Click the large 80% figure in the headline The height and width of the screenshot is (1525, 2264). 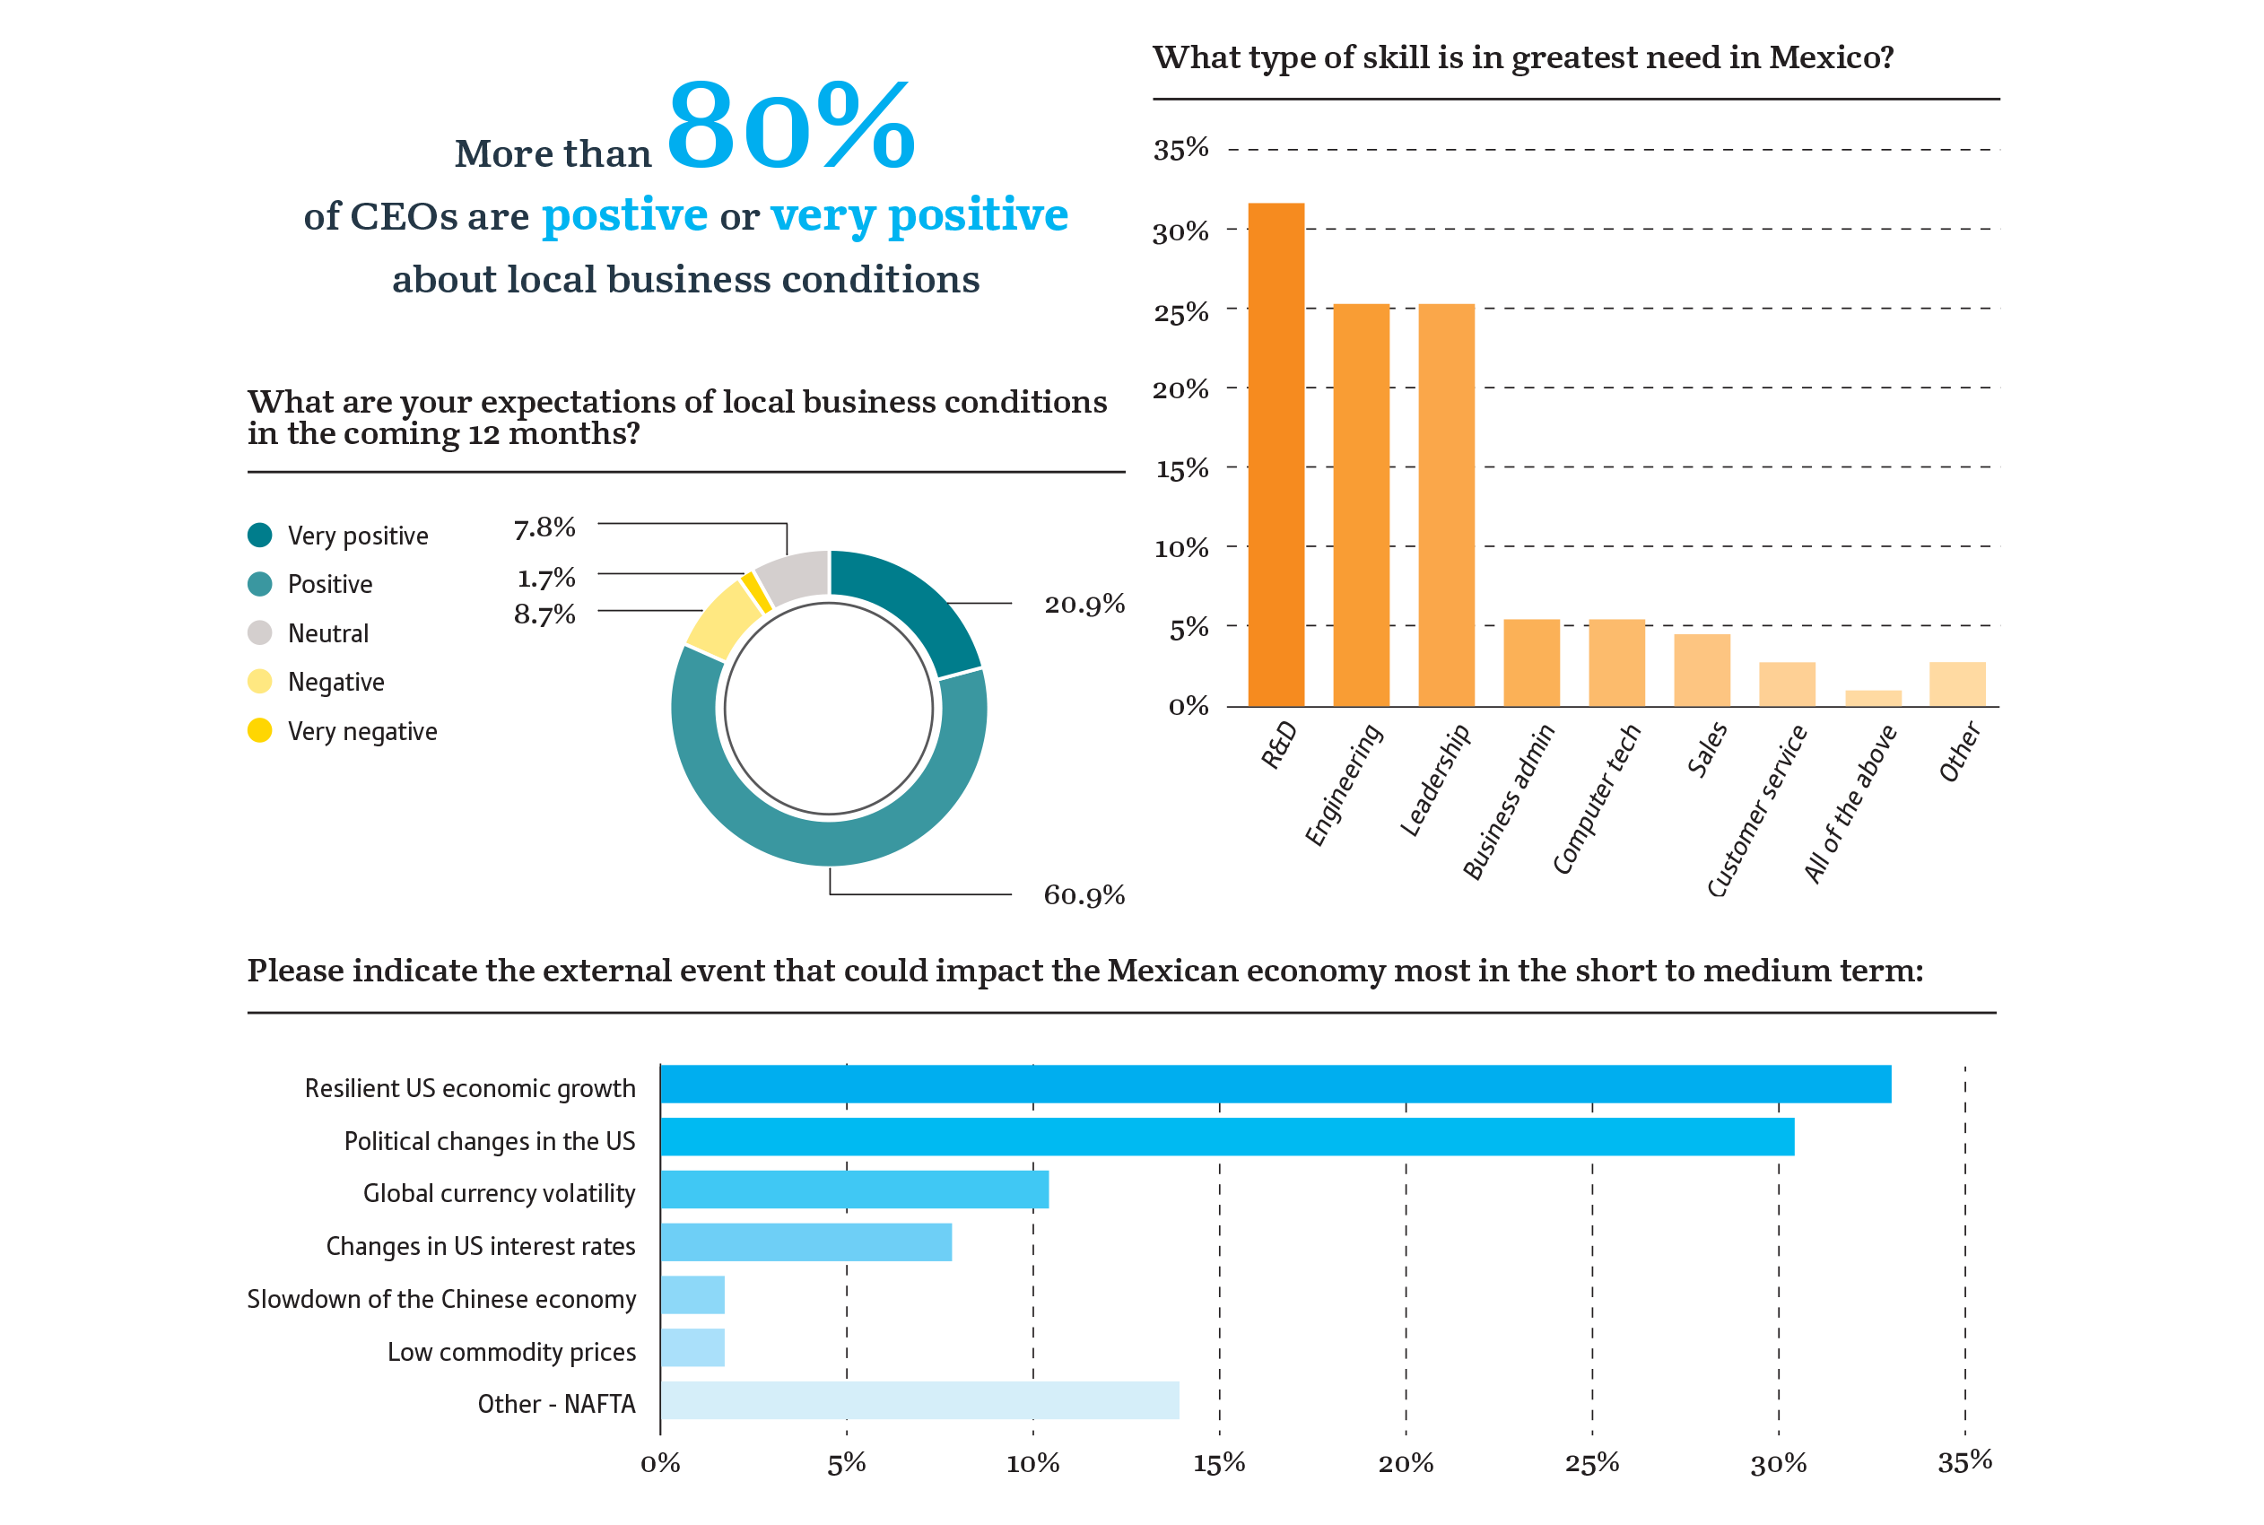(789, 126)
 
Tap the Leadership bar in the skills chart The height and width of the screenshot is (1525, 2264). (1446, 505)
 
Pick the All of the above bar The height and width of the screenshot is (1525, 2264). (1873, 698)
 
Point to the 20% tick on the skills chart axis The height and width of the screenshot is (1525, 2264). (1180, 390)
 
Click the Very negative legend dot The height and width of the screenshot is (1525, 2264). (259, 730)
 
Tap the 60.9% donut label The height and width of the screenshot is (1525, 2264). (1084, 894)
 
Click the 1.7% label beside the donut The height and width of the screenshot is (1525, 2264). (545, 579)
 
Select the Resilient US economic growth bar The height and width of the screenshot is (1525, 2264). (1275, 1085)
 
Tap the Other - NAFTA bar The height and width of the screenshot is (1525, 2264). (919, 1400)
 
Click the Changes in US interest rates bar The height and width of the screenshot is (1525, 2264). (805, 1242)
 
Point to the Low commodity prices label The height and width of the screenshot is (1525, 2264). (511, 1352)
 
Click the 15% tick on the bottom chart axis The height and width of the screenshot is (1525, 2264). (1218, 1463)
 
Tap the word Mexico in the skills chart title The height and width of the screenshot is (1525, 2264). (1829, 57)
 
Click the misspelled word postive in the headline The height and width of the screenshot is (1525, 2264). (624, 215)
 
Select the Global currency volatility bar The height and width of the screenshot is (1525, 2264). (854, 1189)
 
